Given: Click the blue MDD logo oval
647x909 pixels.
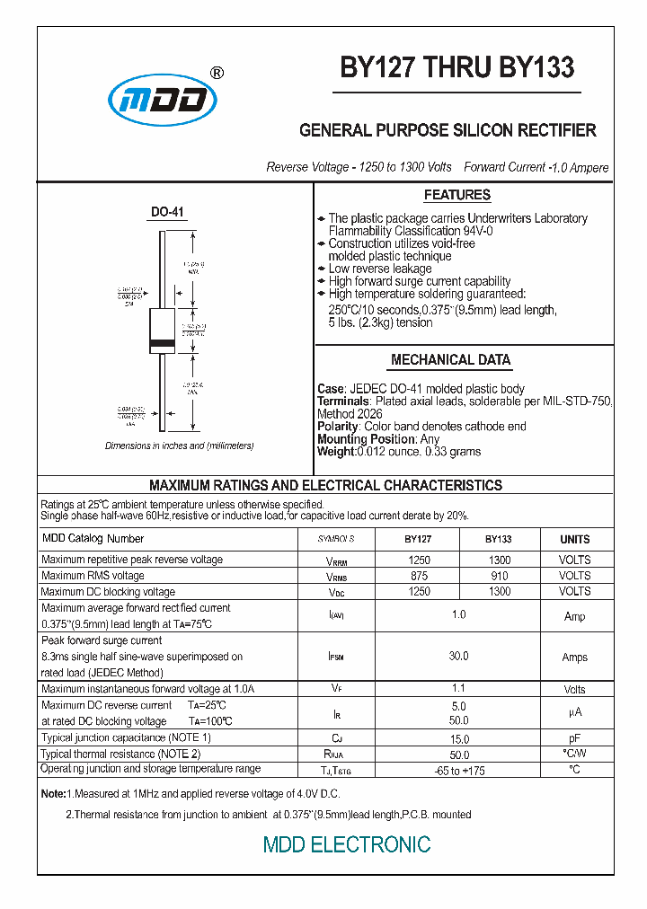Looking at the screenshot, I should [163, 101].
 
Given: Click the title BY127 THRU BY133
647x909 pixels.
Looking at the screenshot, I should [456, 68].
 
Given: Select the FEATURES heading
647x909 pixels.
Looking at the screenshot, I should [456, 195].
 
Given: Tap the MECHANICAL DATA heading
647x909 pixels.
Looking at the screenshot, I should [450, 359].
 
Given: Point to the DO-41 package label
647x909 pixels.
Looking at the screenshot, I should [167, 213].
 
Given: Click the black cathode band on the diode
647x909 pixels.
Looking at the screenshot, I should [162, 344].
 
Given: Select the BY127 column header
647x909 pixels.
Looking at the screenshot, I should [418, 539].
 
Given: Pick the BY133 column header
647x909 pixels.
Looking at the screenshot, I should [499, 539].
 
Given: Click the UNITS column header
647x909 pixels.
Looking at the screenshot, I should [575, 539].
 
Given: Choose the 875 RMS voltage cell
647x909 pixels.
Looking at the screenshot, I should [419, 576].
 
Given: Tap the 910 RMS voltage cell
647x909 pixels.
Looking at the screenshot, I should [500, 576].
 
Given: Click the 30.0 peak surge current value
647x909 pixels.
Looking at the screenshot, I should [458, 657].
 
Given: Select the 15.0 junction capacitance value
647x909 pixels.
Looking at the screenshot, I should [458, 738].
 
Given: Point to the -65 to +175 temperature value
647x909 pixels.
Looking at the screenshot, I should [458, 771].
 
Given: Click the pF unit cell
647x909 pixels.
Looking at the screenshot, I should [575, 738].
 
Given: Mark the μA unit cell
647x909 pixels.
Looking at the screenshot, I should [575, 714].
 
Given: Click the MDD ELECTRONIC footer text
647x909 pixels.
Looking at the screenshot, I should [347, 844].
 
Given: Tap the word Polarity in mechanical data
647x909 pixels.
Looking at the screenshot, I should [338, 427].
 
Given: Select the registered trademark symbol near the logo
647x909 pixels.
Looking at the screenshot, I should [217, 74].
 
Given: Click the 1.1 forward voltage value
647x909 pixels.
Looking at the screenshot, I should [458, 689].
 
